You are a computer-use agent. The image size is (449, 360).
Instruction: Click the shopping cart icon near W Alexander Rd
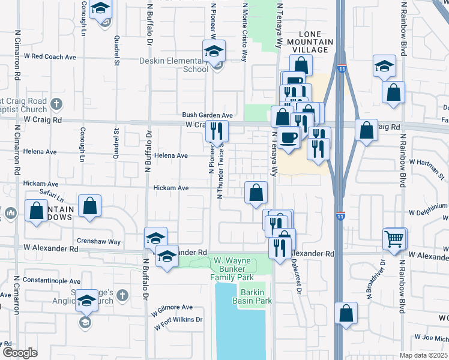(x=394, y=239)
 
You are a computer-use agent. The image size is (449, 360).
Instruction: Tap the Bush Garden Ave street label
(x=207, y=115)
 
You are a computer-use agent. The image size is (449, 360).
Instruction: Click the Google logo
(x=20, y=353)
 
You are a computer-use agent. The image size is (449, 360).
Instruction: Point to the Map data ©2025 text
(x=424, y=355)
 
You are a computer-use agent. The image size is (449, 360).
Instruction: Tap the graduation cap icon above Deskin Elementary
(x=213, y=51)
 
